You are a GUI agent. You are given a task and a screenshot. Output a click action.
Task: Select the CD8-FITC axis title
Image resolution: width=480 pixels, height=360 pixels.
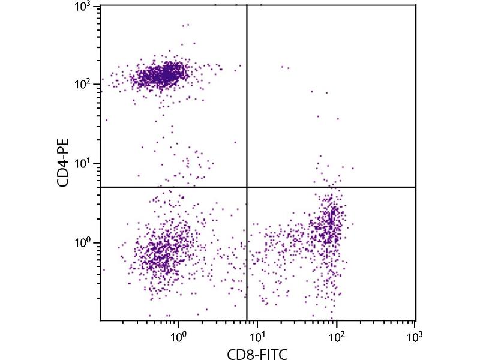pos(257,354)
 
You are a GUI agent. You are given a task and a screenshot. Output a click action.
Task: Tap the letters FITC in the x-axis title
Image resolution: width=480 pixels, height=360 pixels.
pos(272,354)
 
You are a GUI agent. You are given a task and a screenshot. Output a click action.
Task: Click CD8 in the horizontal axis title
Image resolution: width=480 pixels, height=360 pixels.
pos(239,354)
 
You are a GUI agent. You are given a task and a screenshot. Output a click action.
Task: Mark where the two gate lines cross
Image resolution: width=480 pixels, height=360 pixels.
pos(247,187)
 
